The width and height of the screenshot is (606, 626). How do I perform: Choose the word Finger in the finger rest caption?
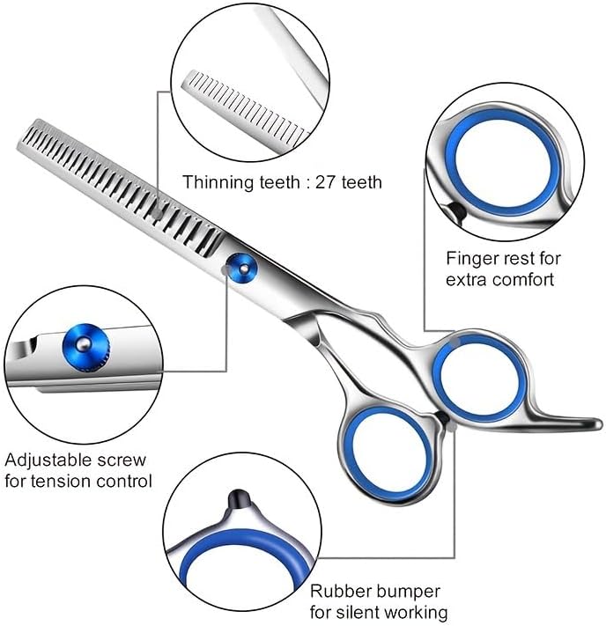tap(470, 259)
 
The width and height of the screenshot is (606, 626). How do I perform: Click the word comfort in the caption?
tap(523, 280)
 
